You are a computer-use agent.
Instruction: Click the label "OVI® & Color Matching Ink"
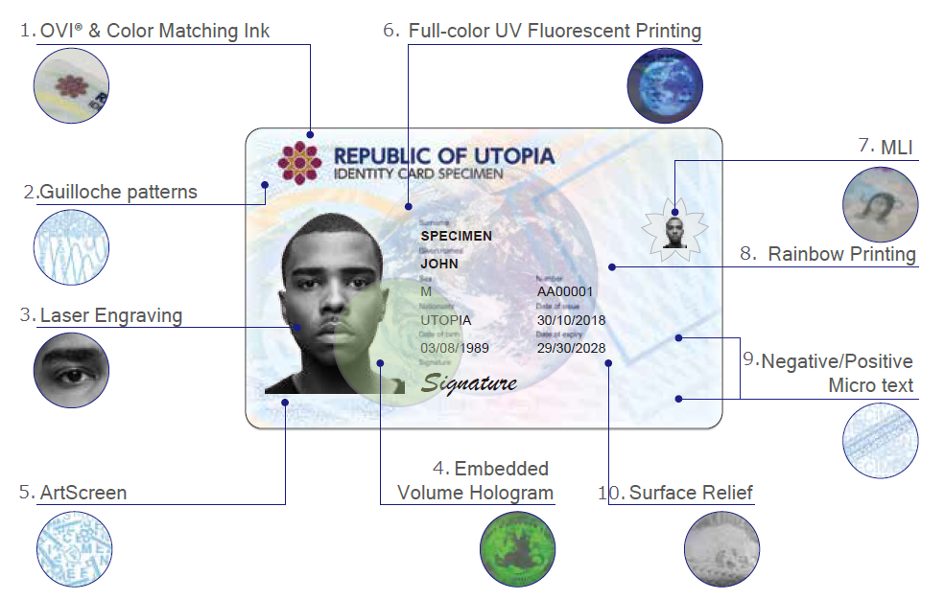click(x=154, y=31)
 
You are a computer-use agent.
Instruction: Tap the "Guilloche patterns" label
click(x=118, y=192)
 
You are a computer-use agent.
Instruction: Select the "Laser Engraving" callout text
click(x=110, y=315)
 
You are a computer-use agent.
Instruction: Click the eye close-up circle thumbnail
click(x=71, y=370)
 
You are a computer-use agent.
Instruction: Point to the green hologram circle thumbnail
click(x=518, y=549)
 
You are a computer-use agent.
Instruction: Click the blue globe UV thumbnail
click(x=664, y=84)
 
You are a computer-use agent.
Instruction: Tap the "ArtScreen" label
click(x=83, y=493)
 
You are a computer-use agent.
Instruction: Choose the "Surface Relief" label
click(x=691, y=493)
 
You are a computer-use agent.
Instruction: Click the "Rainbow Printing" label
click(x=841, y=254)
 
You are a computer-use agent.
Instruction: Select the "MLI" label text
click(x=898, y=147)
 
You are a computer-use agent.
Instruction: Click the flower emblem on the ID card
click(x=299, y=162)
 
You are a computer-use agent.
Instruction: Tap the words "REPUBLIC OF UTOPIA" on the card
click(x=443, y=155)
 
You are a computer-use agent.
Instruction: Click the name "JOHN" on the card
click(x=439, y=264)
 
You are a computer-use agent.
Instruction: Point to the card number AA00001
click(x=565, y=291)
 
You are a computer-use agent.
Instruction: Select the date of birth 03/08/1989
click(x=455, y=348)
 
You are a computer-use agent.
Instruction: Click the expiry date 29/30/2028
click(x=571, y=348)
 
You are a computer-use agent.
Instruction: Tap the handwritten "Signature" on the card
click(x=470, y=383)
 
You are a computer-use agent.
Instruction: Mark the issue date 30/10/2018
click(x=571, y=320)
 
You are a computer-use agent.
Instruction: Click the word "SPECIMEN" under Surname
click(x=457, y=236)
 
